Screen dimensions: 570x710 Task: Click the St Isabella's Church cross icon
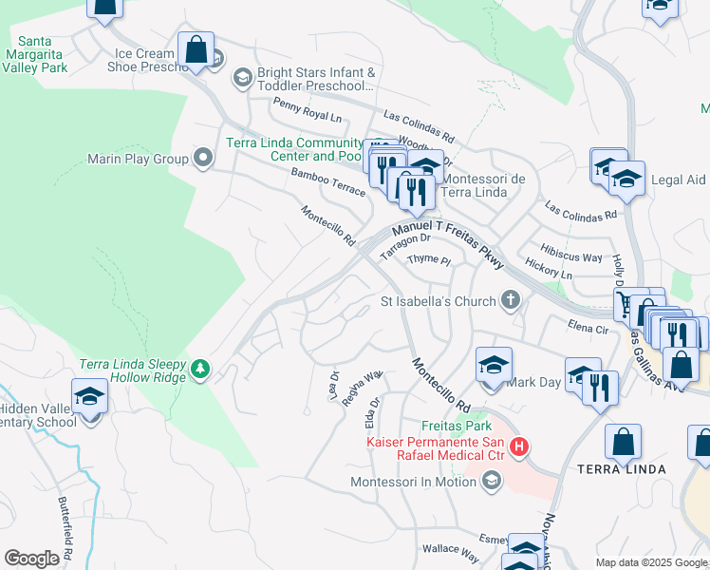point(511,301)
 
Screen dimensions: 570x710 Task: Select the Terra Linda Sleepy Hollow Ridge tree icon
point(199,368)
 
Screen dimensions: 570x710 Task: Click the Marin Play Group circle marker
point(202,159)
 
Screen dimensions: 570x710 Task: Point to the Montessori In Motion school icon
point(491,483)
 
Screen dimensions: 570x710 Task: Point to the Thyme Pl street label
point(427,259)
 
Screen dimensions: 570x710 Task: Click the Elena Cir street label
point(588,332)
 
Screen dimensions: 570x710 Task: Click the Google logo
point(31,559)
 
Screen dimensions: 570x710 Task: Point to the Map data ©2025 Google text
point(651,561)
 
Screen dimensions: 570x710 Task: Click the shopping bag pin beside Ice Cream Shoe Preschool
point(196,50)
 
